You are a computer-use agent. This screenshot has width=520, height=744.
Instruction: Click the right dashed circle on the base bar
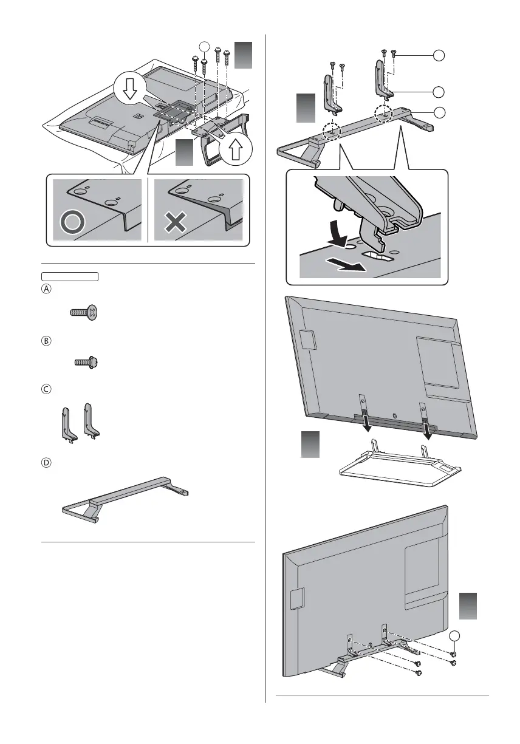384,113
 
